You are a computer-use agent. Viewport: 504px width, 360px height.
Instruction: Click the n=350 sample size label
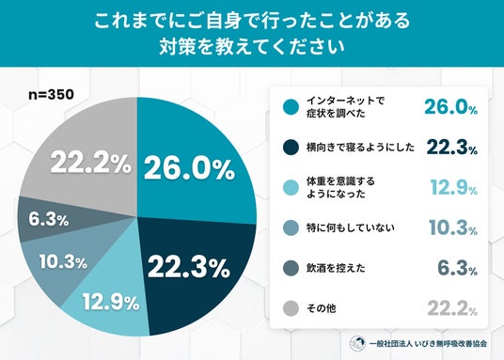coord(51,94)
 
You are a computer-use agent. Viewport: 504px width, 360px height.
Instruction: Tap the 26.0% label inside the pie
coord(189,168)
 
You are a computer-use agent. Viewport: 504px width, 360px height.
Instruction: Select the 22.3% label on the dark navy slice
coord(189,267)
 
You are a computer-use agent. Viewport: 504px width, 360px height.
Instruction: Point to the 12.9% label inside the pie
coord(111,302)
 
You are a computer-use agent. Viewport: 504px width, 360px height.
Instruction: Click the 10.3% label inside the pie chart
coord(63,261)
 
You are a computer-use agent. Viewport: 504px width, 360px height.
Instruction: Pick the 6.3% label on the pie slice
coord(49,220)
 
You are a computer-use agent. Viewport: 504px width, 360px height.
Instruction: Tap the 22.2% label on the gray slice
coord(90,163)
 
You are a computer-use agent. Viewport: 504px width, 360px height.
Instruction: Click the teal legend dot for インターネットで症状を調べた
coord(291,107)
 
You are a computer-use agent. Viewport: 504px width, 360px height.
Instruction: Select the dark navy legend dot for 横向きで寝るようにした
coord(291,148)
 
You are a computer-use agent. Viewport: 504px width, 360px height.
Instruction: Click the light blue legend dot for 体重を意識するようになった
coord(291,188)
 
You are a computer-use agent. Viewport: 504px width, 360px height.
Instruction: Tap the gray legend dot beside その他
coord(291,308)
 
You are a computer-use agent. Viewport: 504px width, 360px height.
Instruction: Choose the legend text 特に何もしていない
coord(351,227)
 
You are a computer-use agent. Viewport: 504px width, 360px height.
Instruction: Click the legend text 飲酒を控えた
coord(336,268)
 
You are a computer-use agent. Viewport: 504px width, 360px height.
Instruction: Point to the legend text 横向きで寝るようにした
coord(360,148)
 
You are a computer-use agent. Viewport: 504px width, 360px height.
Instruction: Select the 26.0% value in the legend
coord(451,107)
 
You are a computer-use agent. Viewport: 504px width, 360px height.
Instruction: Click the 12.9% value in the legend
coord(454,187)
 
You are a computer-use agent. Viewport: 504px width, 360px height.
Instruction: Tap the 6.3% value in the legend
coord(458,268)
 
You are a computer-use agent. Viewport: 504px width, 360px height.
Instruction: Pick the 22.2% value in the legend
coord(452,308)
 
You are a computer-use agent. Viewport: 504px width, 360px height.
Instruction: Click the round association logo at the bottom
coord(357,343)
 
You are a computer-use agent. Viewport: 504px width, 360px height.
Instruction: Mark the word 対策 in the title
coord(177,47)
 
